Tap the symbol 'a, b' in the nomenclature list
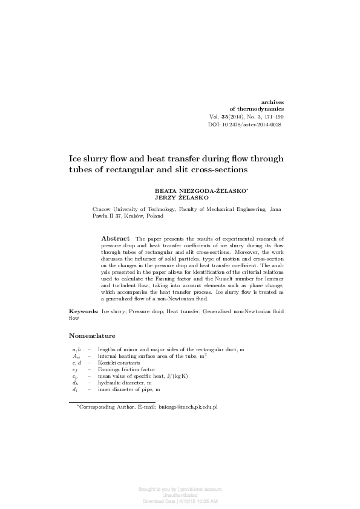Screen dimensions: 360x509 [76, 350]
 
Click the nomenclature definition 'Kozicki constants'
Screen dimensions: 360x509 [120, 363]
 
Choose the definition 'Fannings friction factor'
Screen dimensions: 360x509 [126, 369]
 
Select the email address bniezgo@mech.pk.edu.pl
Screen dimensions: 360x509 [188, 407]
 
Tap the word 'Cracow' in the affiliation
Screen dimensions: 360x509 [100, 209]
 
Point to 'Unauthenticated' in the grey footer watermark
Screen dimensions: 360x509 [180, 495]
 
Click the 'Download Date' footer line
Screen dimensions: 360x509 [180, 501]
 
